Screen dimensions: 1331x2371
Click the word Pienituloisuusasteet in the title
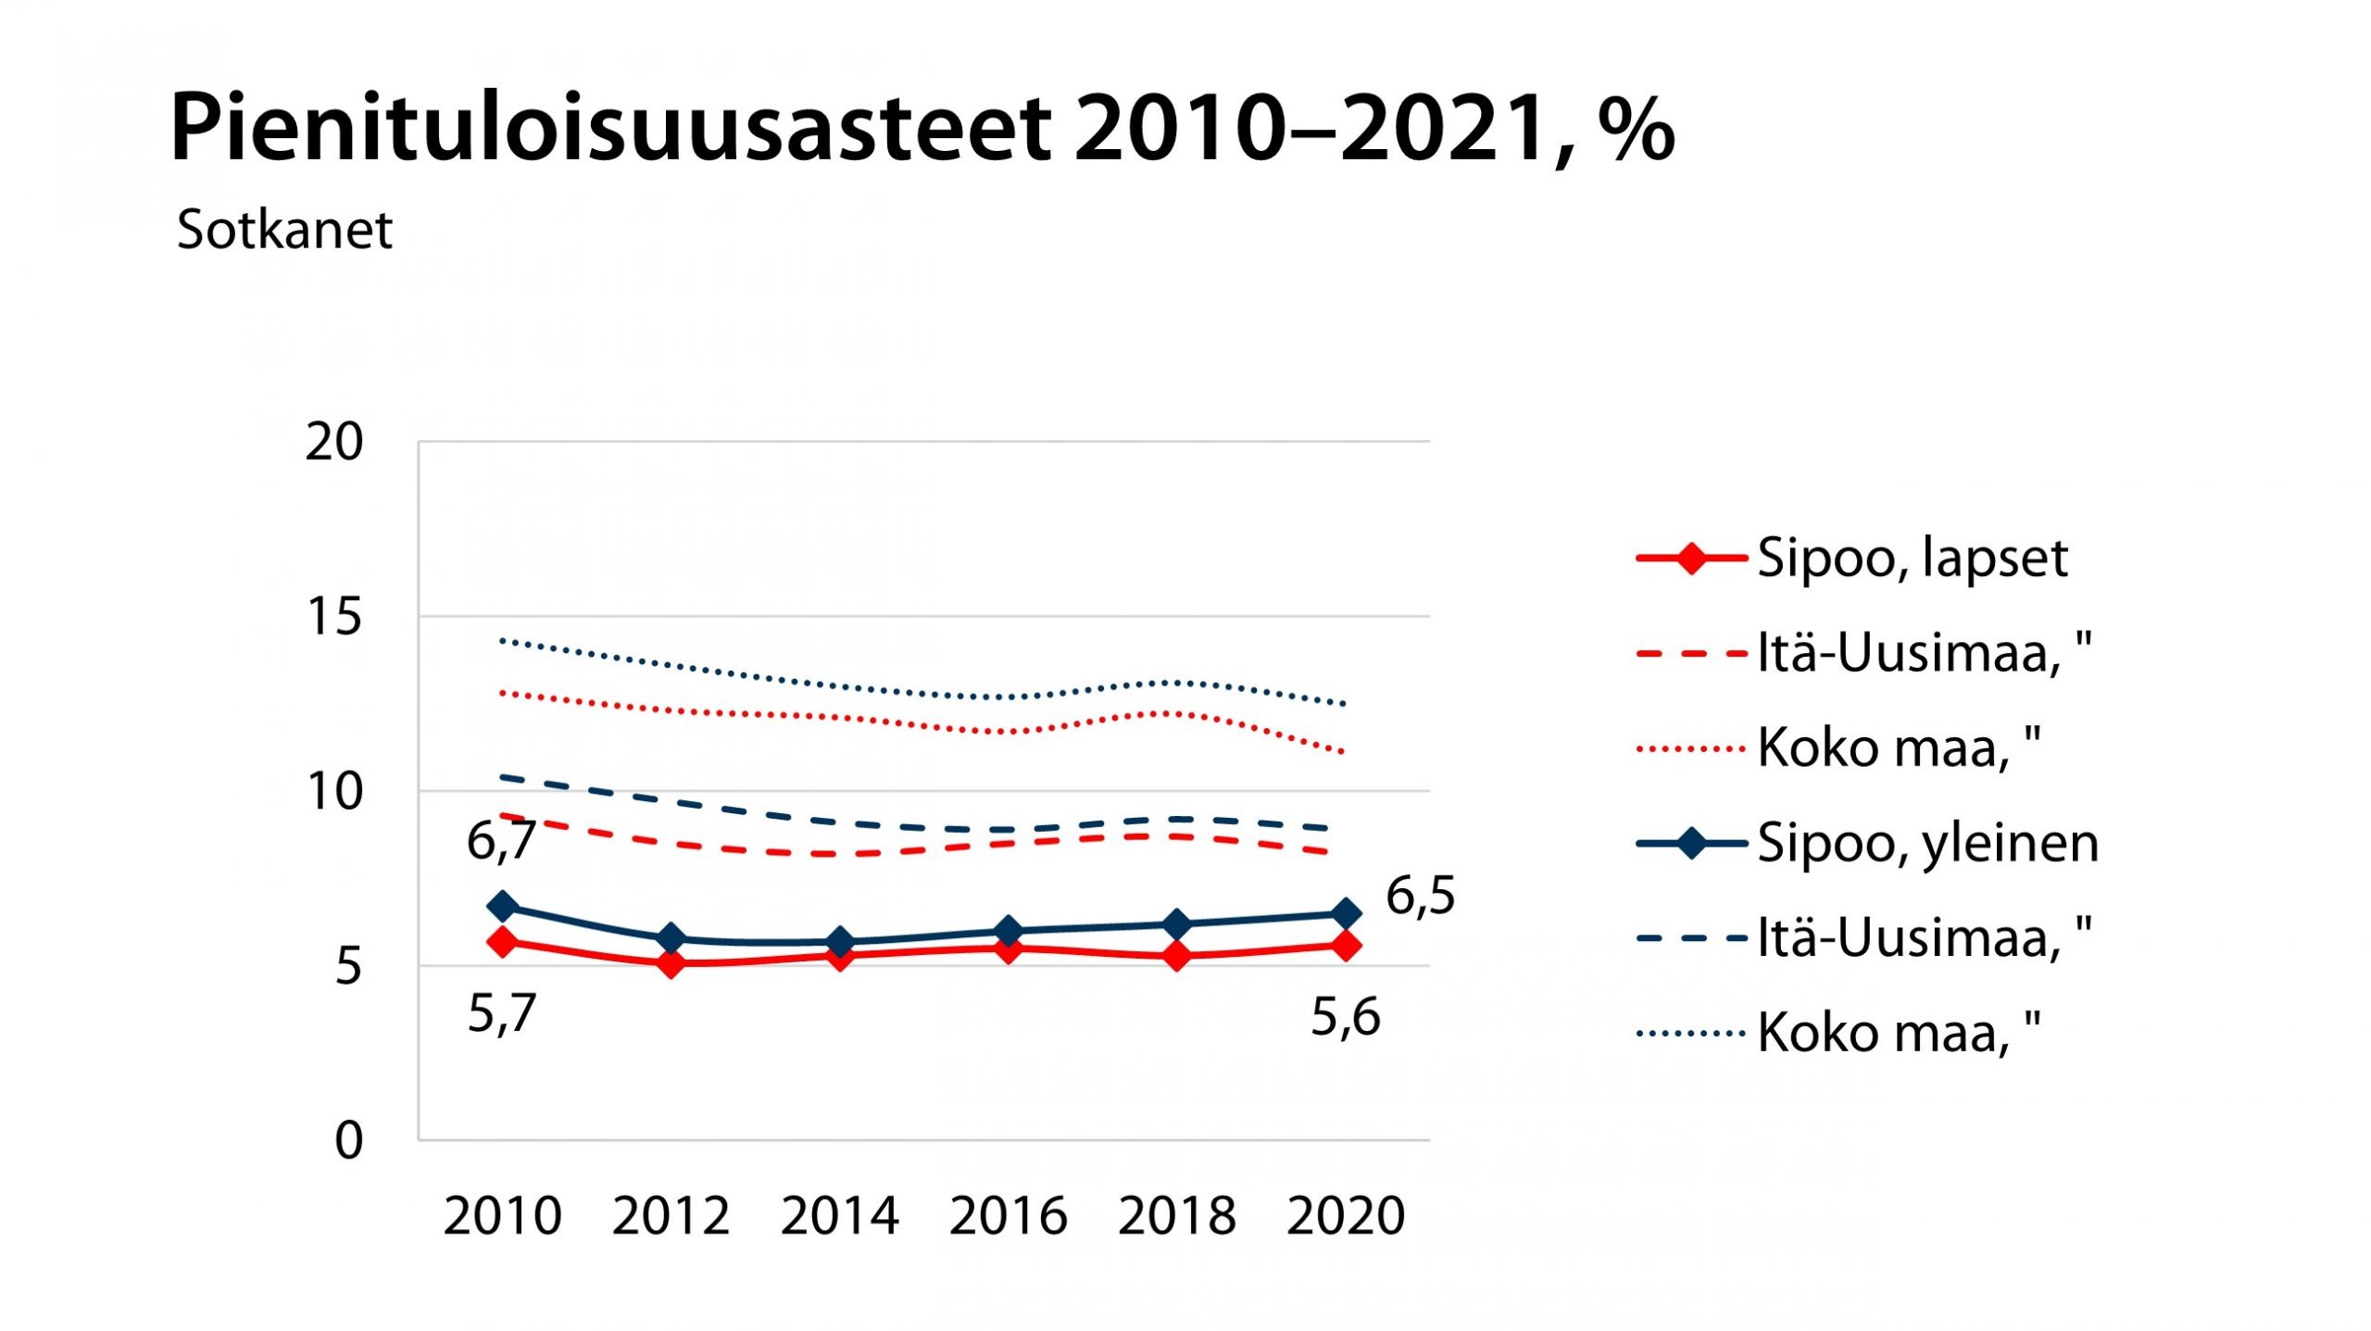tap(611, 130)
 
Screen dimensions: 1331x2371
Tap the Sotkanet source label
tap(284, 230)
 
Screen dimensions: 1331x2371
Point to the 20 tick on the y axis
tap(334, 443)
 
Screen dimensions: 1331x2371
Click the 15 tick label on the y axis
tap(334, 617)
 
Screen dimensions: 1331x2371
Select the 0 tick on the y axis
tap(348, 1141)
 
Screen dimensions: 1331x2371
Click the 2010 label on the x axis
tap(503, 1216)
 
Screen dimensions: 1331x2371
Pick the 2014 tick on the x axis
tap(840, 1216)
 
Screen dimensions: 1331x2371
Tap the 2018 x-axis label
tap(1177, 1216)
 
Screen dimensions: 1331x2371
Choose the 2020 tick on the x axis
tap(1346, 1216)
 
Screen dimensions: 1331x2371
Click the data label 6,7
tap(501, 841)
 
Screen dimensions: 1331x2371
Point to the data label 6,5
tap(1421, 897)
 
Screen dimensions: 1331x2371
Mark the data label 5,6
tap(1346, 1017)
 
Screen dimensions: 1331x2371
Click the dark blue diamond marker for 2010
tap(503, 906)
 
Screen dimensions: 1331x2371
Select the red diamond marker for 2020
tap(1346, 946)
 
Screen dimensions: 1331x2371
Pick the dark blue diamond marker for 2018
tap(1177, 924)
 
